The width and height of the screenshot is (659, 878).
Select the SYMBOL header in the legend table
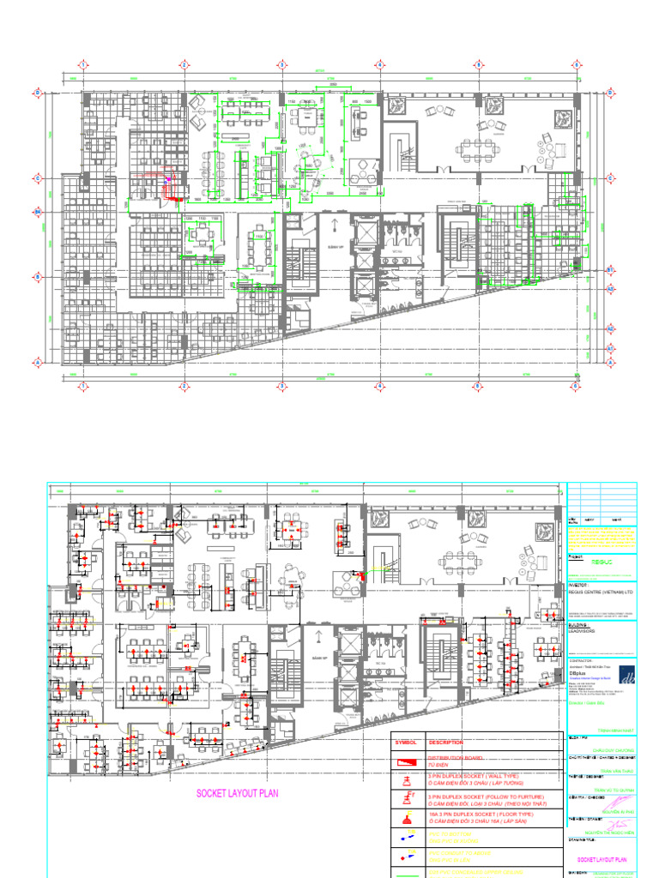point(405,743)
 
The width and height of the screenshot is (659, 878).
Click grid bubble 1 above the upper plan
point(83,65)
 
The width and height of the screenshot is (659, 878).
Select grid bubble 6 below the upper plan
point(573,387)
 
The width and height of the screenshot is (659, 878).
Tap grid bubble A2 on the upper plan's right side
point(610,328)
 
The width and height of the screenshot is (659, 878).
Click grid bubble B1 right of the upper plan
point(610,270)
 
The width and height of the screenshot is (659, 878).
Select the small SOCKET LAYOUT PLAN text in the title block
point(602,857)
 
